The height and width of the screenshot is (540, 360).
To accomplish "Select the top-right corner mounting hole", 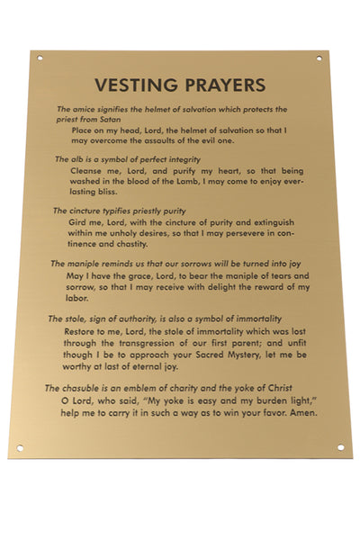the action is tap(318, 58).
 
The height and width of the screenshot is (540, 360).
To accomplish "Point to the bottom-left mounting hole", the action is tap(20, 447).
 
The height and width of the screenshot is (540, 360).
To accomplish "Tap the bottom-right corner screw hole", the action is tap(340, 446).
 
